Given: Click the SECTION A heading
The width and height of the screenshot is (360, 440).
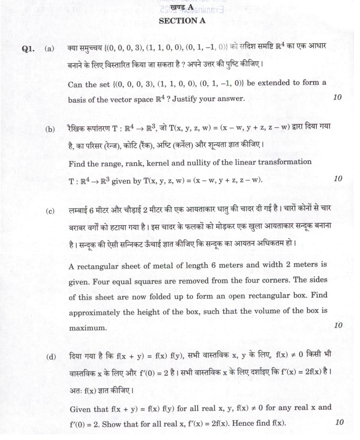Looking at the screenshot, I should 178,21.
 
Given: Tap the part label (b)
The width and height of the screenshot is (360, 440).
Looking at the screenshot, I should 50,129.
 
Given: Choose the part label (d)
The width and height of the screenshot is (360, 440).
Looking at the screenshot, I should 50,356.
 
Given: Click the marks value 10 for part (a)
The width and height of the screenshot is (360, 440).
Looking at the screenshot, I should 337,98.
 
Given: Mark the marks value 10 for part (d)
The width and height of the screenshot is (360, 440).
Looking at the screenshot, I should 339,422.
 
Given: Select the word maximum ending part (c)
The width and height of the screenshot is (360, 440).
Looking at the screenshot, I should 87,329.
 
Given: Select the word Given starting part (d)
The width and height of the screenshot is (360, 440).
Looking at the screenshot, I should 81,408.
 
